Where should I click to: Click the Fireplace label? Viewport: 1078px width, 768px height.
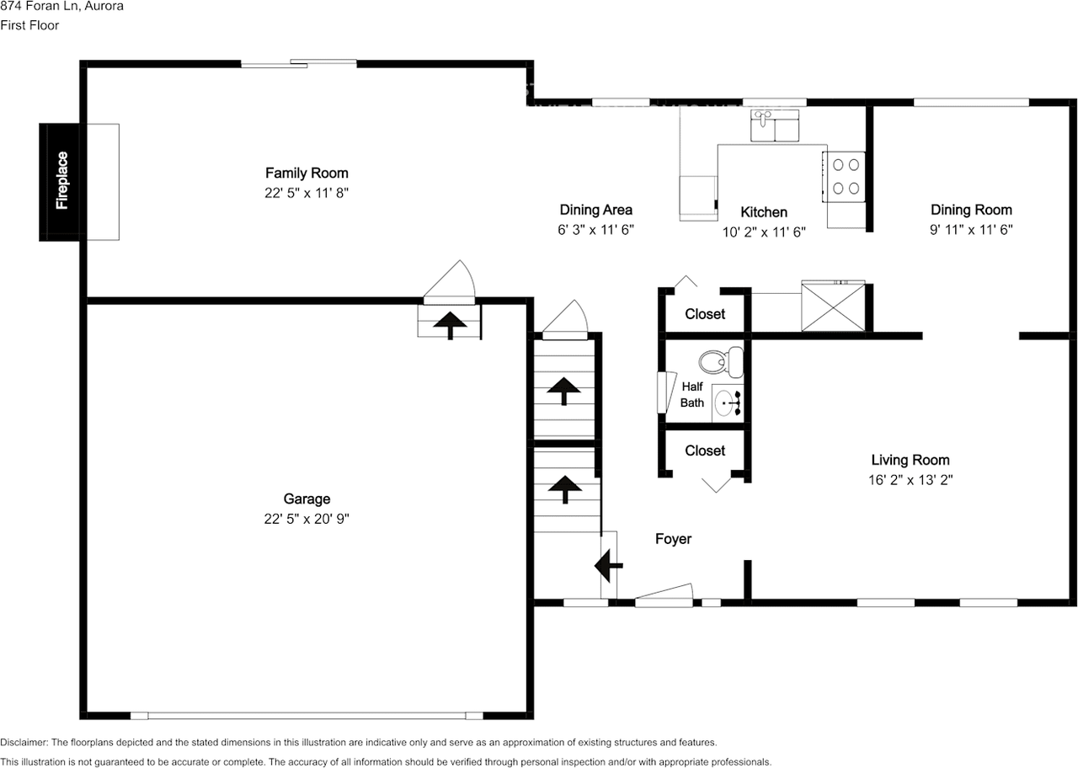pyautogui.click(x=61, y=180)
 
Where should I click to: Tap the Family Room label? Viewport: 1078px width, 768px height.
pyautogui.click(x=307, y=173)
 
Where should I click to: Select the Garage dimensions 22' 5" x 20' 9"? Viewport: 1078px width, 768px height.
pyautogui.click(x=307, y=520)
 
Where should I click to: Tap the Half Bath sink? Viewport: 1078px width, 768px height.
pyautogui.click(x=727, y=403)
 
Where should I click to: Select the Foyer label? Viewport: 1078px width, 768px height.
pyautogui.click(x=673, y=539)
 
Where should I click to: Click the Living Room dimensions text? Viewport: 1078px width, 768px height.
pyautogui.click(x=910, y=480)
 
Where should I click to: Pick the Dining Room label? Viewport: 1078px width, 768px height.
pyautogui.click(x=971, y=210)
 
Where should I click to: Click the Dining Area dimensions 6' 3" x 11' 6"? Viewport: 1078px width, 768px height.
pyautogui.click(x=596, y=230)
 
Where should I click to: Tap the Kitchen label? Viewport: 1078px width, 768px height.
pyautogui.click(x=764, y=212)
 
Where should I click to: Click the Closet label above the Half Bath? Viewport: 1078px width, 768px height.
pyautogui.click(x=705, y=314)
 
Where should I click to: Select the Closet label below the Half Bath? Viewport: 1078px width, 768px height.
pyautogui.click(x=705, y=451)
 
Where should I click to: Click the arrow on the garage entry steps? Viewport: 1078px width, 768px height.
pyautogui.click(x=451, y=323)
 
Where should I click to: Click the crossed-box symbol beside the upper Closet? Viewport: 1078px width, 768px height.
pyautogui.click(x=832, y=306)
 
